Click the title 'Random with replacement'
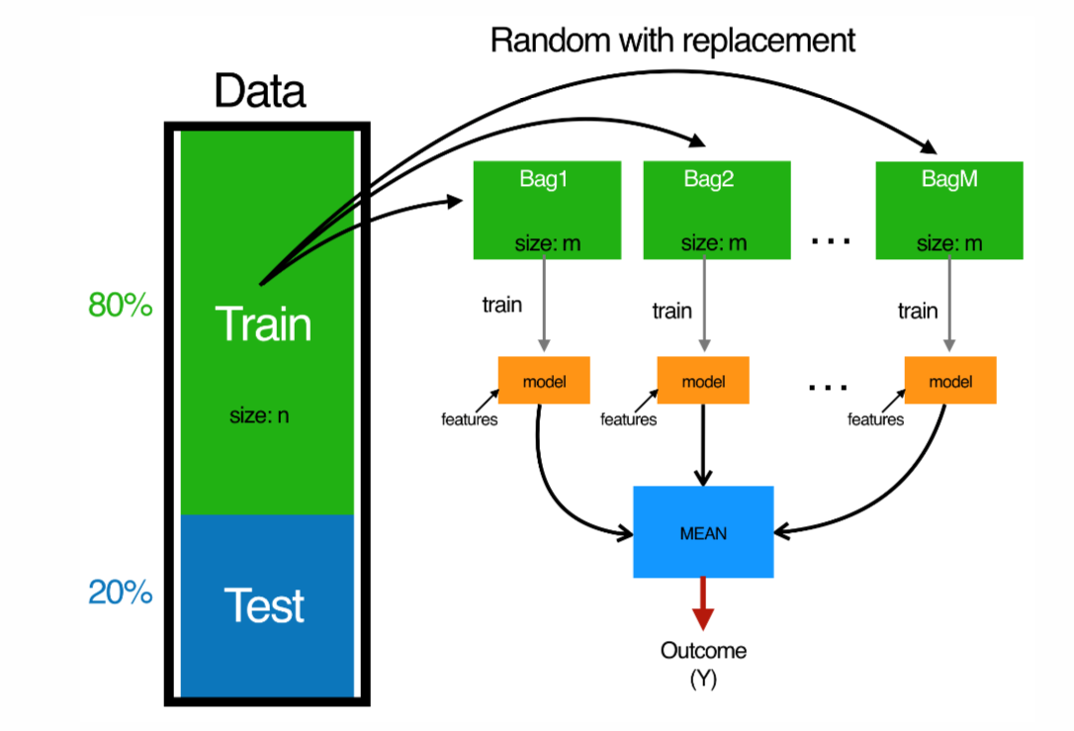pos(672,41)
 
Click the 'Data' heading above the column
pos(260,92)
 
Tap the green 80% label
pos(121,306)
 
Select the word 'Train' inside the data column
pos(263,324)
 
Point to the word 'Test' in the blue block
pos(264,604)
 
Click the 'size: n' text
pos(259,415)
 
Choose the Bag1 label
pos(547,180)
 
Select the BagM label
pos(948,180)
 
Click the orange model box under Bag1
pos(544,381)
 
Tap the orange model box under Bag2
pos(703,381)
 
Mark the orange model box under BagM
pos(949,381)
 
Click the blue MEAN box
pos(703,532)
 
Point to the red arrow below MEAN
pos(702,603)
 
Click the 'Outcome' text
pos(703,651)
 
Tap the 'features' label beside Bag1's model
pos(469,419)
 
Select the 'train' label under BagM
pos(917,311)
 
